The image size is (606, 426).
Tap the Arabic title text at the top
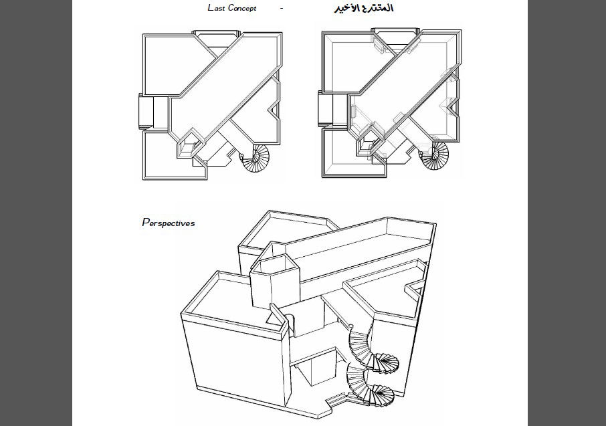pyautogui.click(x=363, y=9)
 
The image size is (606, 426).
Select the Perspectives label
pyautogui.click(x=169, y=223)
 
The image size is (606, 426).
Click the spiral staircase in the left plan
pyautogui.click(x=255, y=160)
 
